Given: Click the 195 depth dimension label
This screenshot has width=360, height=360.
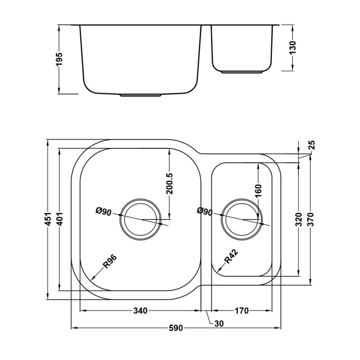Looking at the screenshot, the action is point(59,59).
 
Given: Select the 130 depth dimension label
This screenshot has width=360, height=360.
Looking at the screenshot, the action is point(293,48).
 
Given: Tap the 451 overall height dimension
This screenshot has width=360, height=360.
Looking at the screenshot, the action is point(48,219).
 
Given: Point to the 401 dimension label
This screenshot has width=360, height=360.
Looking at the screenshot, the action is point(59,219).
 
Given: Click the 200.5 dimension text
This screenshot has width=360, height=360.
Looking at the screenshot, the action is point(170,184).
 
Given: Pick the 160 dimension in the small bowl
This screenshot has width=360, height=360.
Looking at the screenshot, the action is point(258,191).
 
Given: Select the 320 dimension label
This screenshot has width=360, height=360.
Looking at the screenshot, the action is point(298,219).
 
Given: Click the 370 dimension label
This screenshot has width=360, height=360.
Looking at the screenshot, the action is point(310,219).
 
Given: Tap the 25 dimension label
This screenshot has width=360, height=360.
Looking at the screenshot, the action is point(312,145).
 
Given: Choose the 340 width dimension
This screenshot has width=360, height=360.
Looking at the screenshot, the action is point(140,311).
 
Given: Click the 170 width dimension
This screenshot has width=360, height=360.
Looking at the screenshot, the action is point(242,311).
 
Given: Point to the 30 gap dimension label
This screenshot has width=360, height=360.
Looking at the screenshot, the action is point(219,324).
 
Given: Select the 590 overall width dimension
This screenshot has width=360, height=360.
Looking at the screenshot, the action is point(176,328).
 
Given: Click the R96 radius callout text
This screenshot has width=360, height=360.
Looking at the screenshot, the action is point(110,261).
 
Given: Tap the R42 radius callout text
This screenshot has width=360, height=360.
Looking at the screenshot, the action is point(231,256).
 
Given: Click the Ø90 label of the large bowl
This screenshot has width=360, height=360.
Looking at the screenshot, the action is point(103,211).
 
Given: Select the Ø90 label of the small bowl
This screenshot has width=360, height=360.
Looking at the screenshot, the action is point(205,211).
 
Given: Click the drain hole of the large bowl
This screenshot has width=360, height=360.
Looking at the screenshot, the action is point(141,220).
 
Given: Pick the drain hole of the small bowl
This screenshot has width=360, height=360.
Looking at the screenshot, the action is point(242,220).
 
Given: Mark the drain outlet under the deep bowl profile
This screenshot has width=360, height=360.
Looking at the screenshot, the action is point(140,95).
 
